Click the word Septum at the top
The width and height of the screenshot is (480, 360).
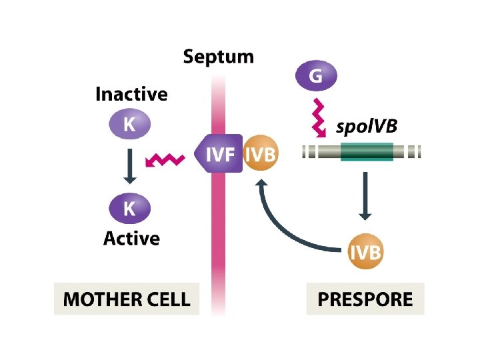click(219, 57)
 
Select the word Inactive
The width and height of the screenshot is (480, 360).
click(131, 94)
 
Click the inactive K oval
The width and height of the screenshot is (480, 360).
click(130, 124)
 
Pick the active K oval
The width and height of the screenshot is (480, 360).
click(130, 209)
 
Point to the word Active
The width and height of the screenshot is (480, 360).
click(131, 239)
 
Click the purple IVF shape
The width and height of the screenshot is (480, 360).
click(218, 155)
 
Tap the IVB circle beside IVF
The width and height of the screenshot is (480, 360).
click(261, 155)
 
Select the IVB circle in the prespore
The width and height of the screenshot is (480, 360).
click(365, 253)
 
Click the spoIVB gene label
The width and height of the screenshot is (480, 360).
click(366, 127)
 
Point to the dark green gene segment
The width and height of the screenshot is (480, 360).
click(366, 153)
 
